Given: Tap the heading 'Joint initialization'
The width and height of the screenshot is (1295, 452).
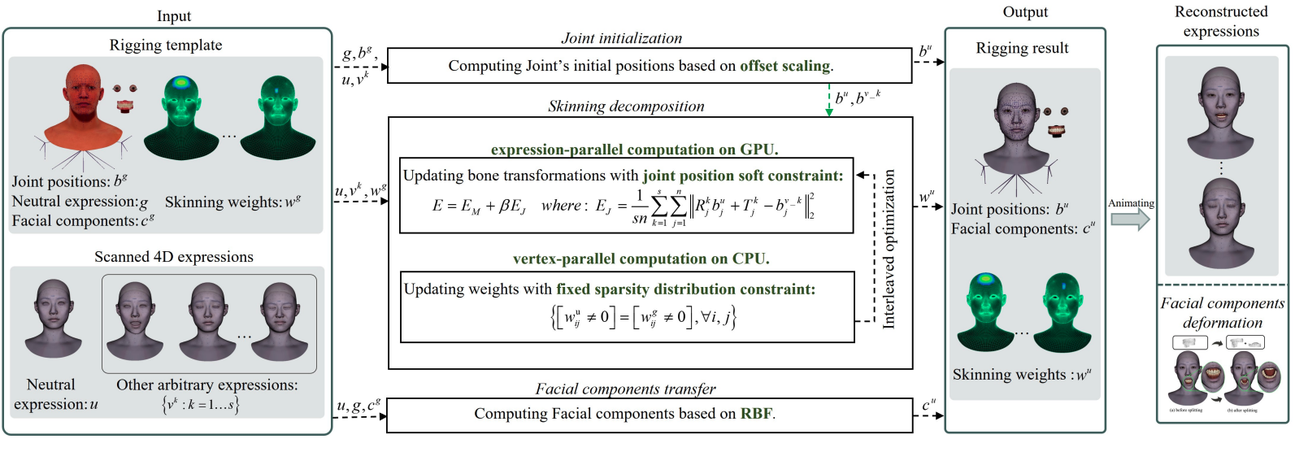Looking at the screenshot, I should coord(621,38).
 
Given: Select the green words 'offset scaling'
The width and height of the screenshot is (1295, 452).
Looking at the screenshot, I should coord(784,66).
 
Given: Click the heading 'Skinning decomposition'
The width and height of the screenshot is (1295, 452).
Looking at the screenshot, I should coord(626,106).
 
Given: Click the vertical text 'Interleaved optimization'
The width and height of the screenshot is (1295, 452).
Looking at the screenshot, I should coord(889,249).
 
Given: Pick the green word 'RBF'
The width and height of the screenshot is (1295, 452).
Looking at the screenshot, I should coord(756,414).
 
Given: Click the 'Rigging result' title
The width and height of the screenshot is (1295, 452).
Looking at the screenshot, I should coord(1022,48).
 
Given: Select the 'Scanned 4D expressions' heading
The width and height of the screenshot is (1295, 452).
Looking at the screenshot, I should coord(174,257).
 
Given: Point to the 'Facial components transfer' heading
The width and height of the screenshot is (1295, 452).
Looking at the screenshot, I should coord(625,389).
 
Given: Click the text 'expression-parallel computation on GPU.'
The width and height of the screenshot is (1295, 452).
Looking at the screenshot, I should coord(634,150).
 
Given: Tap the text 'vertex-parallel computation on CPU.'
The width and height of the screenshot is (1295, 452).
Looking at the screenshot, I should coord(641,259).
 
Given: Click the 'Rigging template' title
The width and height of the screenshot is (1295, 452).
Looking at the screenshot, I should coord(166,46).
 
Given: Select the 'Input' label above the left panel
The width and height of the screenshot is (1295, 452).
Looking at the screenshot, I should coord(174,16).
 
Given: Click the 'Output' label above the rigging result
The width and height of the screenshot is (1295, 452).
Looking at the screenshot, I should coord(1025,12).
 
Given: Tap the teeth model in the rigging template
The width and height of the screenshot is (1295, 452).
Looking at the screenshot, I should coord(124,106).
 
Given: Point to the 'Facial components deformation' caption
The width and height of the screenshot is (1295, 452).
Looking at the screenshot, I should coord(1222,313).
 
